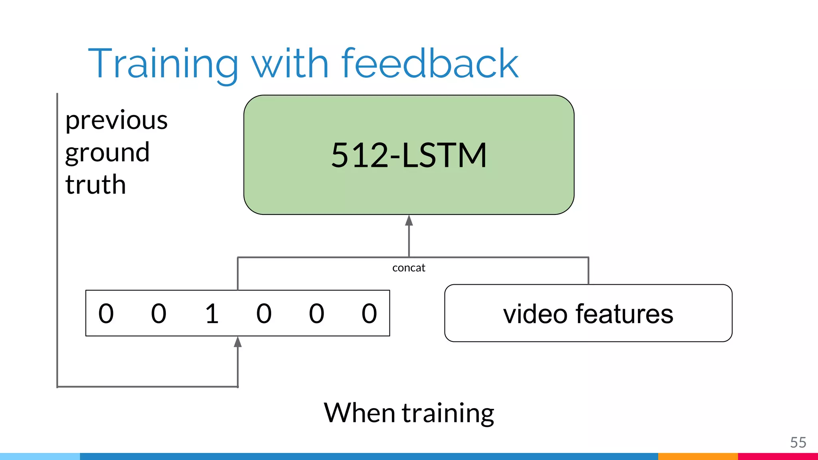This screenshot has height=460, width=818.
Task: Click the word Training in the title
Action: click(x=163, y=64)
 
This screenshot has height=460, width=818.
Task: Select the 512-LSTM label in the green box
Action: click(x=409, y=155)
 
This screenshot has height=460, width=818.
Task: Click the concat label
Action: click(x=409, y=268)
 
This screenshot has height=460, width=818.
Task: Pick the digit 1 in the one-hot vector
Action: click(x=212, y=313)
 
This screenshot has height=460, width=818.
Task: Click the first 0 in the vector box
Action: click(x=106, y=313)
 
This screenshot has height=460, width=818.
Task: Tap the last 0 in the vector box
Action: click(x=369, y=313)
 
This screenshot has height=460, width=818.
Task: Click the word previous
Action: click(x=116, y=121)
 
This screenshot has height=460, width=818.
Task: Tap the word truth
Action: click(x=95, y=185)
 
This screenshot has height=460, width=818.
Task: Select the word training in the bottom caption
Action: click(x=448, y=413)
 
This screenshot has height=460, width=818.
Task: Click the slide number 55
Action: click(x=798, y=442)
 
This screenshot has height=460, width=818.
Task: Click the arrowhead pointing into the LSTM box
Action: click(x=409, y=220)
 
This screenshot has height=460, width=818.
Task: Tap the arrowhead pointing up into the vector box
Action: click(x=238, y=342)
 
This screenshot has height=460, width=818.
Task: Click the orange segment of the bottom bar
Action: click(x=698, y=456)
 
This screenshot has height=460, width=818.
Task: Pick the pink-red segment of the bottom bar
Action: click(x=778, y=456)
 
